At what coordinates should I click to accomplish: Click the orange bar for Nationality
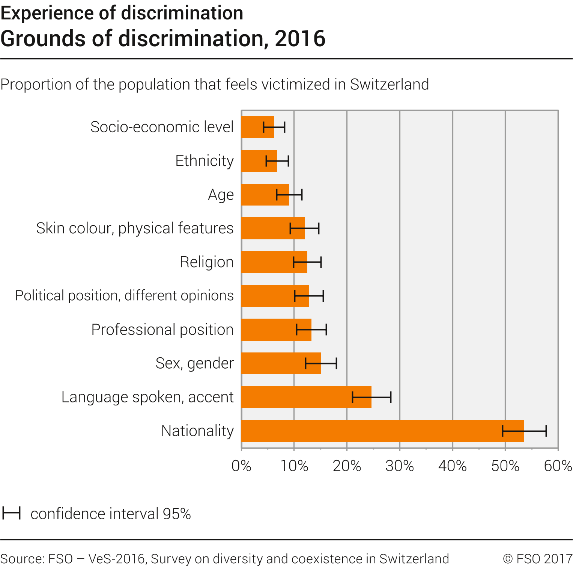pyautogui.click(x=375, y=431)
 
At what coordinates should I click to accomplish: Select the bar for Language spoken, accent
pyautogui.click(x=300, y=397)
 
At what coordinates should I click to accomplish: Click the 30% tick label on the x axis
pyautogui.click(x=400, y=466)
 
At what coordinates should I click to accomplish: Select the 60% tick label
pyautogui.click(x=558, y=466)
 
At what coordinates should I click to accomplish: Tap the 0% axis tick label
pyautogui.click(x=241, y=466)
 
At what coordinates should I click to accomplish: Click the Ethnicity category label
pyautogui.click(x=205, y=161)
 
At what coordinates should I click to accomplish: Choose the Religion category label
pyautogui.click(x=207, y=262)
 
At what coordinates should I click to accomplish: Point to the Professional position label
pyautogui.click(x=162, y=330)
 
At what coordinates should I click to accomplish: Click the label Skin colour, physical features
pyautogui.click(x=135, y=228)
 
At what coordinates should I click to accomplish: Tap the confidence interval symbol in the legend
pyautogui.click(x=11, y=513)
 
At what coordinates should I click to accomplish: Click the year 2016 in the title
pyautogui.click(x=300, y=39)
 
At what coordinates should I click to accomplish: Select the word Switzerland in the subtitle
pyautogui.click(x=389, y=85)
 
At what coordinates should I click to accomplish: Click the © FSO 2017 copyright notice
pyautogui.click(x=537, y=559)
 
